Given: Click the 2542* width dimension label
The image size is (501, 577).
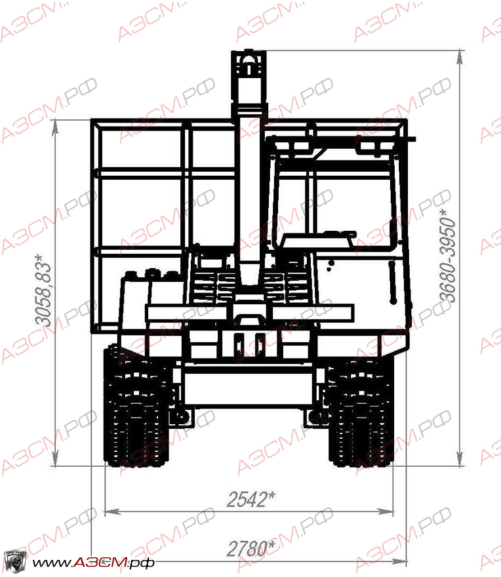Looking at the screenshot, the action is tap(251, 500).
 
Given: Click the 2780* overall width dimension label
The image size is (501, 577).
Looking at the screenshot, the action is tap(251, 549).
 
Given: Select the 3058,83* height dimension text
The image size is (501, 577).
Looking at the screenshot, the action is tap(43, 290).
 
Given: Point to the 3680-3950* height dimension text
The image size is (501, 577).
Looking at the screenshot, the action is tap(447, 256).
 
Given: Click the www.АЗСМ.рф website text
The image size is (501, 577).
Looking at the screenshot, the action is tap(92, 563).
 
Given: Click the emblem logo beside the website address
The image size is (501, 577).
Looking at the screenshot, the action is tap(15, 561).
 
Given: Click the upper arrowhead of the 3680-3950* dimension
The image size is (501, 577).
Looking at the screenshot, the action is tap(460, 57).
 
